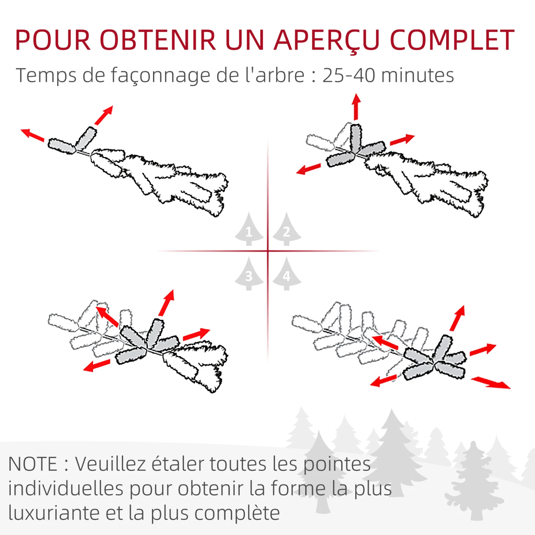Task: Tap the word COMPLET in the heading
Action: pyautogui.click(x=452, y=40)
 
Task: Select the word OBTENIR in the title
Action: pyautogui.click(x=158, y=40)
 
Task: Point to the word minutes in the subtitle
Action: pyautogui.click(x=418, y=75)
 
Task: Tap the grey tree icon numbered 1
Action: pyautogui.click(x=249, y=230)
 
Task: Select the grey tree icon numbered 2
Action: pyautogui.click(x=287, y=230)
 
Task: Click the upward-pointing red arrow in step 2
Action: pyautogui.click(x=356, y=107)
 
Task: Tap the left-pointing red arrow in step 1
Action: pyautogui.click(x=32, y=135)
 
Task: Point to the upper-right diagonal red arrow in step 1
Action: pyautogui.click(x=104, y=115)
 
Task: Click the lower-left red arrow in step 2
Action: pyautogui.click(x=309, y=169)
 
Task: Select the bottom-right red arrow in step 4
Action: pyautogui.click(x=491, y=383)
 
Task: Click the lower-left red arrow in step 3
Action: pyautogui.click(x=97, y=366)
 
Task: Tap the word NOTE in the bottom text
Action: pyautogui.click(x=32, y=464)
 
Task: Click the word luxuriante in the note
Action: pyautogui.click(x=54, y=513)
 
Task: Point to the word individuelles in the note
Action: pyautogui.click(x=66, y=489)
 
